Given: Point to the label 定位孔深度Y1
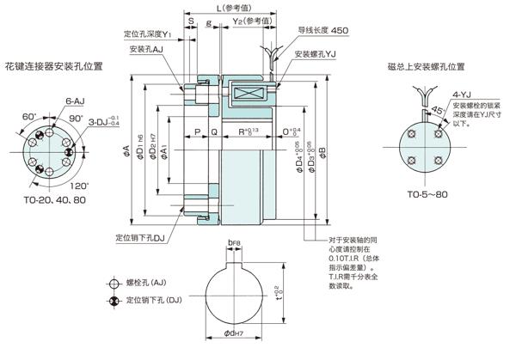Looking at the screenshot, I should click(148, 35).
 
